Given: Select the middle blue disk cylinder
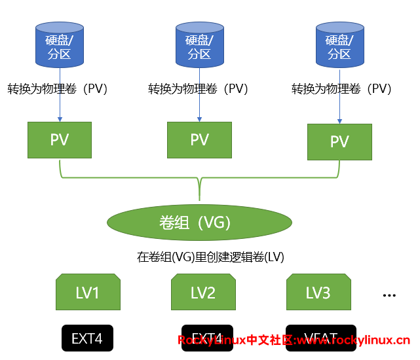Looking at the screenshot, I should (199, 45).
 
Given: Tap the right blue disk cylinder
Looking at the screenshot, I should (339, 45).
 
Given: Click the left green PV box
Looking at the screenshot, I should (60, 139).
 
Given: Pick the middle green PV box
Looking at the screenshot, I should (199, 139).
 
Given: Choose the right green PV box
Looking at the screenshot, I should (339, 141).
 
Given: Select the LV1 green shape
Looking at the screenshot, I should (88, 292).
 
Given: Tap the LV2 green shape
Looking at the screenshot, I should (203, 292).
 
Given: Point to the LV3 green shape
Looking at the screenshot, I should (318, 292).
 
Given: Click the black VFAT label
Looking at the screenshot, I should (321, 338).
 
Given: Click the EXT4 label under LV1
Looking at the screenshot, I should (88, 338).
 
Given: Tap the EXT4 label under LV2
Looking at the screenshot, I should (207, 338).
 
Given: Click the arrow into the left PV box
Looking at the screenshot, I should (60, 117).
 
